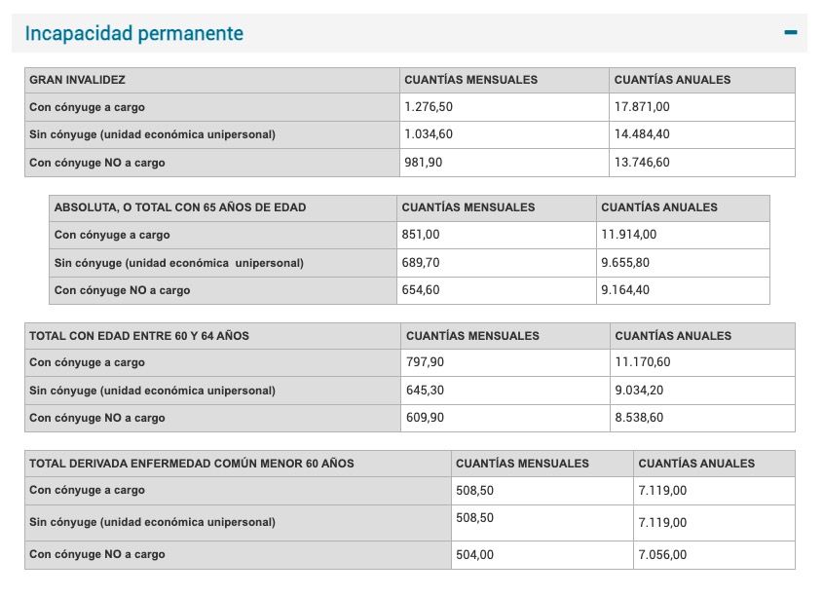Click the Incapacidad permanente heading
click(x=134, y=34)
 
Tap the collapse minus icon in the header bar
click(x=791, y=32)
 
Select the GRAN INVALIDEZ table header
click(x=78, y=80)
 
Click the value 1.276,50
click(x=429, y=107)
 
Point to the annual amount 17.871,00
click(x=642, y=107)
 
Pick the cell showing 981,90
click(x=423, y=163)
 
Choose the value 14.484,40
click(x=642, y=134)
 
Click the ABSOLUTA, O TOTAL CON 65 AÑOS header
click(x=181, y=207)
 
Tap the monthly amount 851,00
click(x=420, y=235)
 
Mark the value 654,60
click(x=420, y=290)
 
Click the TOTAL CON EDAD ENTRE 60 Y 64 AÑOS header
click(x=139, y=336)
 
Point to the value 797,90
click(x=426, y=362)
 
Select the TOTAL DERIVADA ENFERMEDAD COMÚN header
click(x=192, y=464)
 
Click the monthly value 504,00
click(x=474, y=554)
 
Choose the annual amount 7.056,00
click(x=662, y=554)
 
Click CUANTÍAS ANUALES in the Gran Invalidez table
click(x=672, y=80)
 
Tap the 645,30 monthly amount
click(x=426, y=391)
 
